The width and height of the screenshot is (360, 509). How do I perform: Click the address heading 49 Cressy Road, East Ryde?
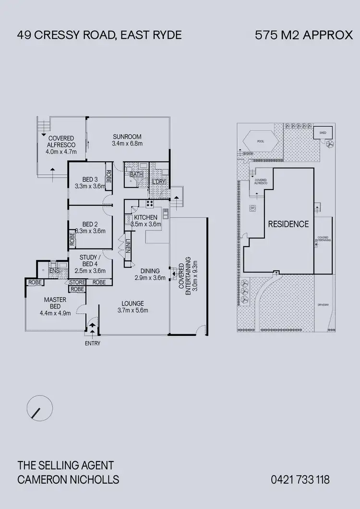[99, 35]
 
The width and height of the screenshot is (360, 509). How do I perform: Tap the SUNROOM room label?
[127, 136]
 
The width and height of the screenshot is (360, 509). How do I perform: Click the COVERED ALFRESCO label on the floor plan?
[60, 141]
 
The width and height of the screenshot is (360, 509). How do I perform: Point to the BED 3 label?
[90, 179]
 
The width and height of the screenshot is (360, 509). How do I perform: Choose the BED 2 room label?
[90, 224]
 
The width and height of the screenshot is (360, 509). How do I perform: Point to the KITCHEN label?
[145, 217]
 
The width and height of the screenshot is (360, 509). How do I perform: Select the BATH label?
[136, 174]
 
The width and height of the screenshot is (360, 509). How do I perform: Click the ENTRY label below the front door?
[93, 343]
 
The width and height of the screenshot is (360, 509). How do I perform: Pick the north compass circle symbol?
[39, 409]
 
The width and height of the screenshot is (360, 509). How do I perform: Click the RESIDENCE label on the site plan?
[288, 224]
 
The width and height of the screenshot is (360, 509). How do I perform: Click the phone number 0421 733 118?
[300, 479]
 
